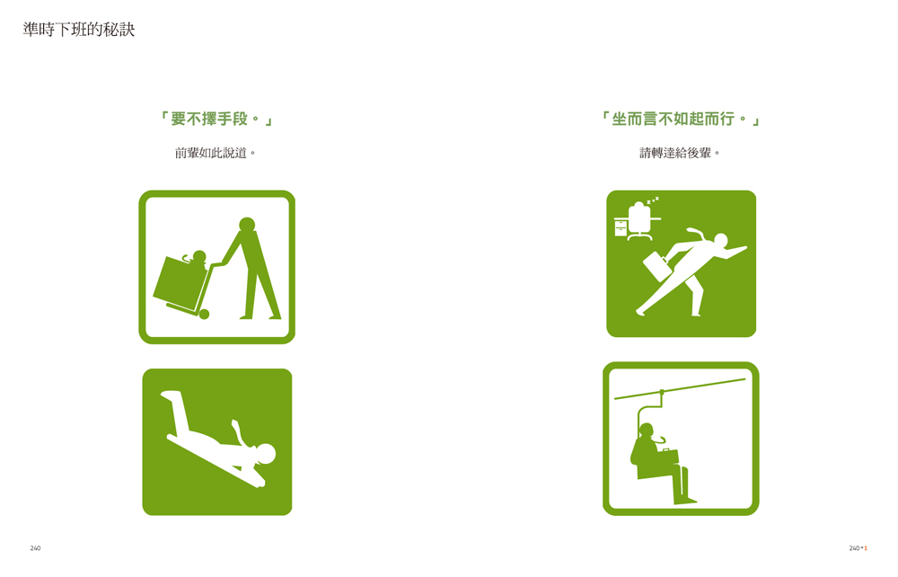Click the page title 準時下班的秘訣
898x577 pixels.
coord(79,30)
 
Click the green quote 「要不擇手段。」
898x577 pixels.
coord(216,120)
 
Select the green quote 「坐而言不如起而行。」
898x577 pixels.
coord(681,120)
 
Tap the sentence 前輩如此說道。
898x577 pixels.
coord(216,153)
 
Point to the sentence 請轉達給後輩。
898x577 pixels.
coord(680,153)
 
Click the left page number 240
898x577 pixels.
coord(36,548)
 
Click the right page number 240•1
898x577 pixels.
coord(858,548)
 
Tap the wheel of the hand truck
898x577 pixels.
coord(204,314)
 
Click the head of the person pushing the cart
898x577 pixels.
coord(247,224)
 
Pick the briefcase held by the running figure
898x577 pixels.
coord(656,266)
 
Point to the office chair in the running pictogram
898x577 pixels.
coord(639,221)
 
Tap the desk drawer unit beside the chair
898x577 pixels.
coord(621,227)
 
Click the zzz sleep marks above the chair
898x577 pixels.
coord(653,200)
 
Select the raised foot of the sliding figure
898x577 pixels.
coord(170,395)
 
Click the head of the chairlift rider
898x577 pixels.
coord(647,431)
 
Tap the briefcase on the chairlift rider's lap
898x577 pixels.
coord(668,456)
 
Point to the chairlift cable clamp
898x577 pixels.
coord(662,393)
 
